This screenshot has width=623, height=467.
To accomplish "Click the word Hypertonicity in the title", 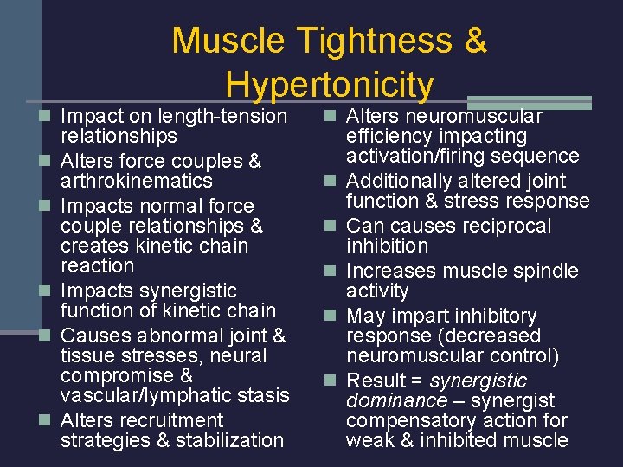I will pyautogui.click(x=329, y=84).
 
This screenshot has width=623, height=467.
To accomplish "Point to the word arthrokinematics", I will pyautogui.click(x=137, y=181).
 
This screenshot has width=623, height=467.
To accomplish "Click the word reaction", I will pyautogui.click(x=98, y=265).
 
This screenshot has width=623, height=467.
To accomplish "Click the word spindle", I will pyautogui.click(x=546, y=271).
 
